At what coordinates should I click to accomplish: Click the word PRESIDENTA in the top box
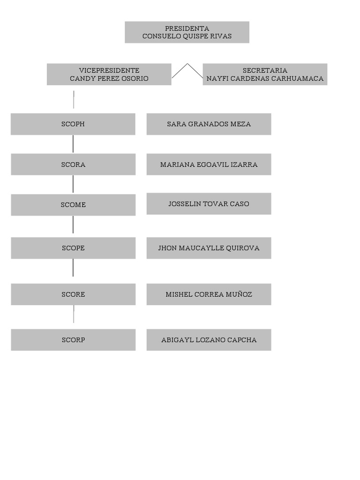(x=187, y=29)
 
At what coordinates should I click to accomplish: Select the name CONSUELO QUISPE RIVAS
(x=187, y=36)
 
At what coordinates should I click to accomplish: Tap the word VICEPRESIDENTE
(x=109, y=70)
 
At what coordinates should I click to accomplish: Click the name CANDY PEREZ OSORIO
(x=109, y=78)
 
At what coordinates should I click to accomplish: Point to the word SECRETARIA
(x=265, y=70)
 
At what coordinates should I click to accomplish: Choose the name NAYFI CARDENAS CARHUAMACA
(x=265, y=78)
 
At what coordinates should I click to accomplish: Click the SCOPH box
(x=73, y=124)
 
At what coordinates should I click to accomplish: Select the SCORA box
(x=73, y=165)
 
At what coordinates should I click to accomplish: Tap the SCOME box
(x=73, y=205)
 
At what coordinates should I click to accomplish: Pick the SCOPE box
(x=73, y=248)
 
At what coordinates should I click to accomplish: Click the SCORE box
(x=73, y=294)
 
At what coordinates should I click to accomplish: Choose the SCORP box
(x=73, y=340)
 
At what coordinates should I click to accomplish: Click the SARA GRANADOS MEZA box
(x=209, y=124)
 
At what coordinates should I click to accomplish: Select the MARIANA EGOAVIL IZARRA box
(x=209, y=165)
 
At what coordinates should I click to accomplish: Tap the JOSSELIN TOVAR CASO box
(x=209, y=203)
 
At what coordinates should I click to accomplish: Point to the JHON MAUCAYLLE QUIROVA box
(x=209, y=248)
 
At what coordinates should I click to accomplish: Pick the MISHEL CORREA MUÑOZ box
(x=209, y=294)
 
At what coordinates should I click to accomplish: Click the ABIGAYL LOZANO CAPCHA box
(x=209, y=340)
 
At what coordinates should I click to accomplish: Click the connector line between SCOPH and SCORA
(x=73, y=144)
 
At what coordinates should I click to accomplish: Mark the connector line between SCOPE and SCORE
(x=73, y=268)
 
